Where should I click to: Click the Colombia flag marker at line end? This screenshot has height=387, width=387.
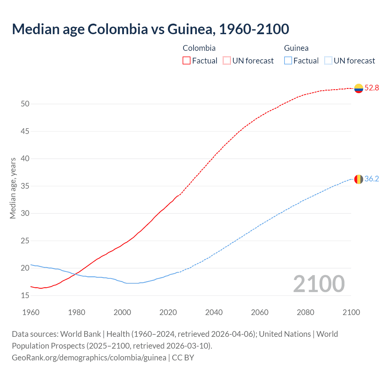click(359, 88)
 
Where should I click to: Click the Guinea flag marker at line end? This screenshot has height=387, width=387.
click(359, 179)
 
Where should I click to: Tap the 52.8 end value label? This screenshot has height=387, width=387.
click(372, 88)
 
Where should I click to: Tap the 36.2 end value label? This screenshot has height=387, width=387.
click(372, 179)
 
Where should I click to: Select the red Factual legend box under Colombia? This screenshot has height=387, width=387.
click(187, 60)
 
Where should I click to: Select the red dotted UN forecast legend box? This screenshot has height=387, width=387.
click(227, 60)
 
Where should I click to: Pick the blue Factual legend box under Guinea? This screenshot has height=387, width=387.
click(288, 60)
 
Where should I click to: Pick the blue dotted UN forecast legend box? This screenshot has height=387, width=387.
click(328, 60)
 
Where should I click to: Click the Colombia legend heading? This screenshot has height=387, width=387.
click(199, 48)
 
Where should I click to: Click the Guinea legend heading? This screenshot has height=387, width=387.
click(296, 48)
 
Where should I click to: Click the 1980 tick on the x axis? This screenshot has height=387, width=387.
click(76, 312)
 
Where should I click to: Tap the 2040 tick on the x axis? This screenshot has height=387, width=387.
click(214, 312)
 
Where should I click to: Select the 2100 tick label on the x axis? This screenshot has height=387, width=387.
click(351, 312)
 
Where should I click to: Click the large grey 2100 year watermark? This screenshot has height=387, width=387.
click(319, 284)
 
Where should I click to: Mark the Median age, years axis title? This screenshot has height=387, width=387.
click(13, 188)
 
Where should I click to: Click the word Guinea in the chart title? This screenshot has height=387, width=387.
click(191, 29)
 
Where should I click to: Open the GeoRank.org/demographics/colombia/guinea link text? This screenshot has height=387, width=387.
click(89, 358)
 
